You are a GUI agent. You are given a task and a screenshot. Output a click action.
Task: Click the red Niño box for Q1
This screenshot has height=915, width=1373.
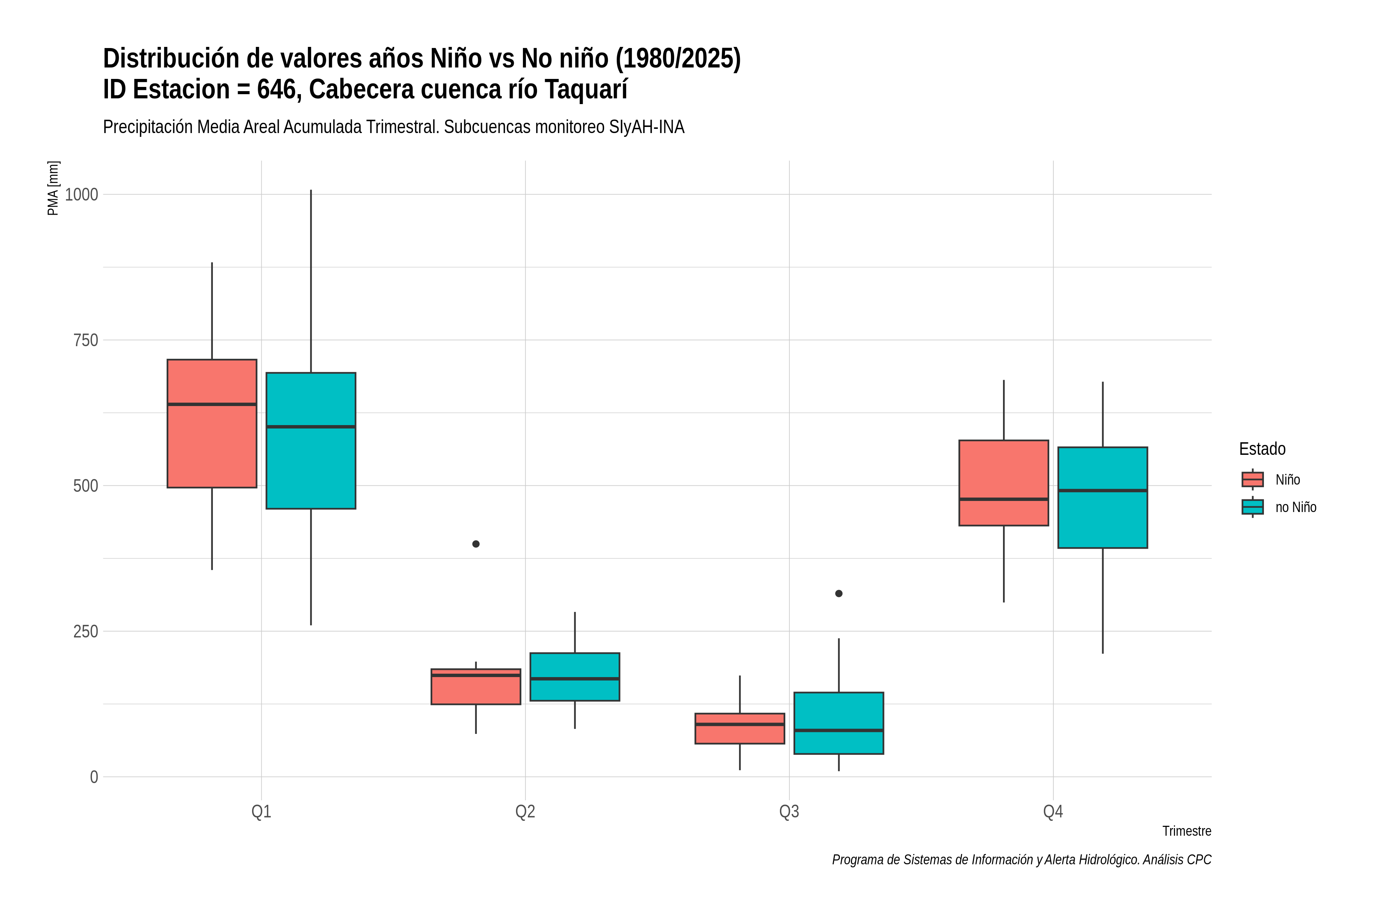[212, 424]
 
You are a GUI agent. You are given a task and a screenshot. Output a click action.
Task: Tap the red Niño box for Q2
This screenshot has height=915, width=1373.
[476, 687]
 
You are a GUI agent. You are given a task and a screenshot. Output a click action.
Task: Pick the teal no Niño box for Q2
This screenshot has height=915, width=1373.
[575, 677]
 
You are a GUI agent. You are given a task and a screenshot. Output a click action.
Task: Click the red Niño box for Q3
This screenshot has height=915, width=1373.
[740, 728]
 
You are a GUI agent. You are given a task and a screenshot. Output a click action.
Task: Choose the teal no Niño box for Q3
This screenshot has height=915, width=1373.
[839, 723]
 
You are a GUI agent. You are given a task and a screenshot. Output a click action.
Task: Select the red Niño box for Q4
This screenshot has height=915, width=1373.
[1003, 483]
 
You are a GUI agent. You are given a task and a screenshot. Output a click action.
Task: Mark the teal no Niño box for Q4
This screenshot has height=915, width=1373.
[1103, 498]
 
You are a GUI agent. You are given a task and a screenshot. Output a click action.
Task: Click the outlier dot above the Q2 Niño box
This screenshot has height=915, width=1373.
[476, 544]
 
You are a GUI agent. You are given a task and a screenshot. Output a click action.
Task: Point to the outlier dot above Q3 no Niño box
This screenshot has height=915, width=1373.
[839, 594]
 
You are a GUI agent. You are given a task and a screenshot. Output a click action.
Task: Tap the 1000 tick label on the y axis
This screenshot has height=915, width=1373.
[81, 194]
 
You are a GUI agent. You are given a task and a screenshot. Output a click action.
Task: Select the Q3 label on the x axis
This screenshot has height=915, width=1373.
[789, 812]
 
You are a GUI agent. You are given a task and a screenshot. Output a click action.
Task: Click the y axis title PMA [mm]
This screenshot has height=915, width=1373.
[53, 188]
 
